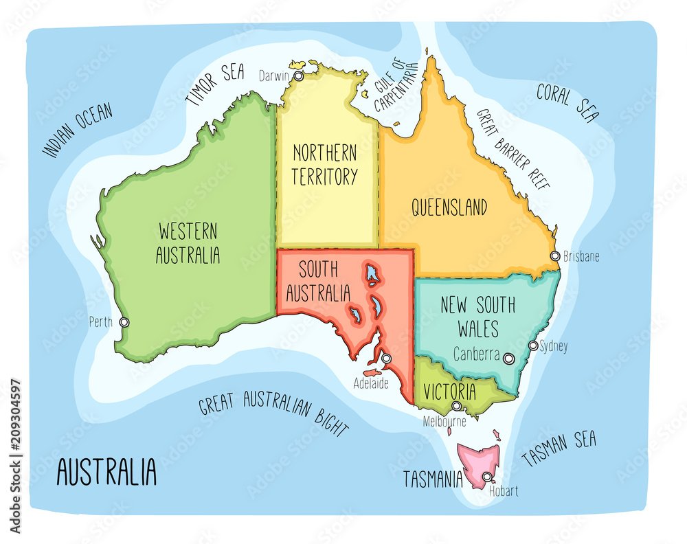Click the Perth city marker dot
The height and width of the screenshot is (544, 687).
coord(124,322)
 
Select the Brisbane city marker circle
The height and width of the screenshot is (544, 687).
coord(554,256)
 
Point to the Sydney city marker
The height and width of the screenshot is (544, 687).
coord(532,345)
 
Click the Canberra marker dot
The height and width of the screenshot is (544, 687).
coord(508,358)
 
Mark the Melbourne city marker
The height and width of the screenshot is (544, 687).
coord(456,406)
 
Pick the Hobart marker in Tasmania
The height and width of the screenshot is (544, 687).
coord(487,477)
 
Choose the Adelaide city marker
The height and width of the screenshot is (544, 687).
coord(386,358)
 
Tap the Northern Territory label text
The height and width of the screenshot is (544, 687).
coord(324,165)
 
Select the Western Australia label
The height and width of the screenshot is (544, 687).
coord(188,242)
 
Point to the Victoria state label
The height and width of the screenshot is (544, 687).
coord(449,392)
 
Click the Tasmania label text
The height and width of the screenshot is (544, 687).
coord(433,479)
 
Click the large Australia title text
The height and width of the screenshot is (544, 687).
coord(106,473)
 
